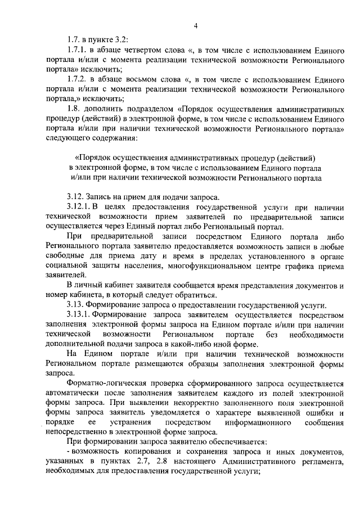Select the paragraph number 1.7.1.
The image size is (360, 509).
(x=76, y=50)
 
